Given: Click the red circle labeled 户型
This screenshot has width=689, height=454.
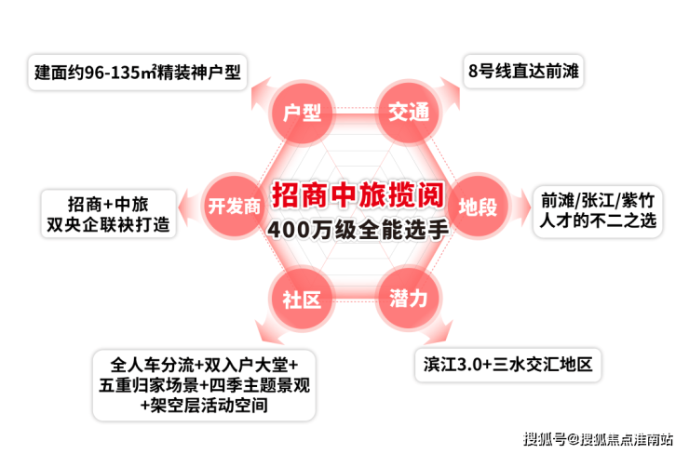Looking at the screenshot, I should click(302, 113).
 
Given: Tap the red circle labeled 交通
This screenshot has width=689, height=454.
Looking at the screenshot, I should click(409, 113).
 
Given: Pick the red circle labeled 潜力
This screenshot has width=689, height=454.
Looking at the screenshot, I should click(409, 299).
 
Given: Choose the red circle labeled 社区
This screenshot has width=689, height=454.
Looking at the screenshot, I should click(302, 299).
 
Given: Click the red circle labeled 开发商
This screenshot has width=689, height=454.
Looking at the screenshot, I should click(234, 206).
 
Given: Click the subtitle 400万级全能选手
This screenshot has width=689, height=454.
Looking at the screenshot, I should click(357, 228).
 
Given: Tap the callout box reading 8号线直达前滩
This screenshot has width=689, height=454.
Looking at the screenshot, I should click(523, 71).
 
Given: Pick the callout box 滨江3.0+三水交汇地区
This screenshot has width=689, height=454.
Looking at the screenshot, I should click(507, 363).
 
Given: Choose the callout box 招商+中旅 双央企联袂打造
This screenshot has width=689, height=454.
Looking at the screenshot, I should click(108, 213).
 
